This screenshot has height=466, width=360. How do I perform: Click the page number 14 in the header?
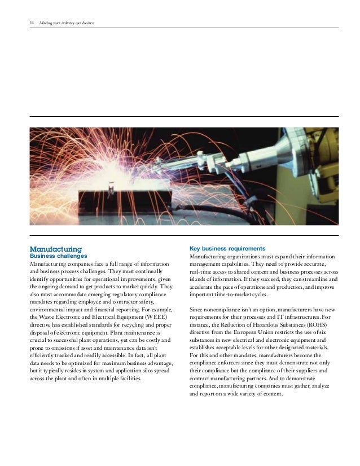click(x=31, y=23)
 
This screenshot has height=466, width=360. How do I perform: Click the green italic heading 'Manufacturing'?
click(x=56, y=249)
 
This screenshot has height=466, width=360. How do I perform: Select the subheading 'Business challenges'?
click(x=54, y=256)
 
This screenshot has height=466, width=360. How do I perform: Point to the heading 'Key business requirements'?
click(x=226, y=248)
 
